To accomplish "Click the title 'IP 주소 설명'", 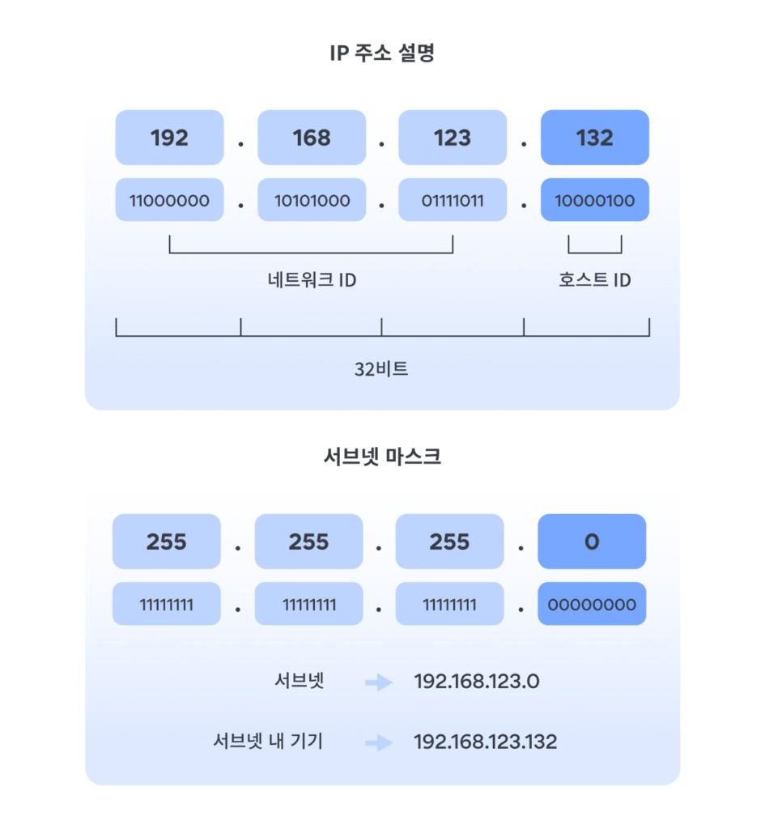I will click(x=382, y=54).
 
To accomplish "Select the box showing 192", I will click(x=169, y=138).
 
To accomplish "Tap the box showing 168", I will click(x=312, y=138).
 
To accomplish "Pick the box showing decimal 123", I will click(x=453, y=138).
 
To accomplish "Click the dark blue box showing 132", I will click(x=595, y=138).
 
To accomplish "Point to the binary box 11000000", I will click(x=169, y=200).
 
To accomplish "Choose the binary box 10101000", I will click(x=312, y=200).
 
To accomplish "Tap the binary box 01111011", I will click(x=453, y=200).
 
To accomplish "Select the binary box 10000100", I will click(x=595, y=200).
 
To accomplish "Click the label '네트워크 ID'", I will click(x=312, y=280).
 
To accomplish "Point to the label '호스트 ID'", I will click(x=595, y=280).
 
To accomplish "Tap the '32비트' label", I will click(x=381, y=369).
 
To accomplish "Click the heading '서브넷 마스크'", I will click(x=382, y=457).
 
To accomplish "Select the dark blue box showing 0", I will click(x=592, y=542).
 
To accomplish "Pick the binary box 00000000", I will click(x=592, y=604).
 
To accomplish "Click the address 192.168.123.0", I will click(x=476, y=682).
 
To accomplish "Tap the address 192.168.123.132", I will click(x=485, y=742).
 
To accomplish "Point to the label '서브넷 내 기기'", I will click(x=268, y=741).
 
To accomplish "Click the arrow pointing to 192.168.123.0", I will click(x=378, y=682).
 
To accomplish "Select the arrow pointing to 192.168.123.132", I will click(x=378, y=742).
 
